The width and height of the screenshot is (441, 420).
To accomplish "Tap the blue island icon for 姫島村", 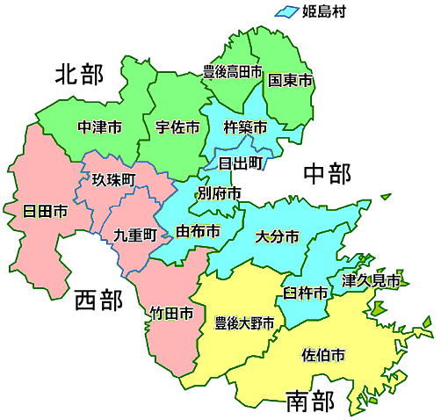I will [x=287, y=11].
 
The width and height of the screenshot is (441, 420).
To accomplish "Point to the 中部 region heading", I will [x=327, y=174].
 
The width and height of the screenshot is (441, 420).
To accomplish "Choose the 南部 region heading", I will [x=310, y=402].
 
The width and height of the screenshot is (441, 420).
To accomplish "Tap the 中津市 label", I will [x=99, y=127].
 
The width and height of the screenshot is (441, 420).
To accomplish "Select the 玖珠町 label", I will [x=114, y=179].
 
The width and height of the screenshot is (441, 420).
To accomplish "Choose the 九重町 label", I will [x=135, y=235].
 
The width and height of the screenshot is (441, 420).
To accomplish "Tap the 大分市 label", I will [x=277, y=236].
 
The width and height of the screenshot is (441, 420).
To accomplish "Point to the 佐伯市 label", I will [x=322, y=355].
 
